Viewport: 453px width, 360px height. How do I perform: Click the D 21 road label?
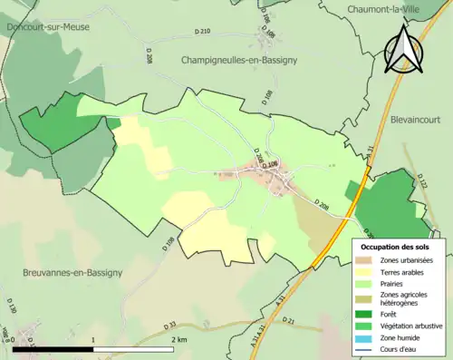tap(288, 320)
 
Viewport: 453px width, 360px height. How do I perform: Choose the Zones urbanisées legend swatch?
tap(366, 260)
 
